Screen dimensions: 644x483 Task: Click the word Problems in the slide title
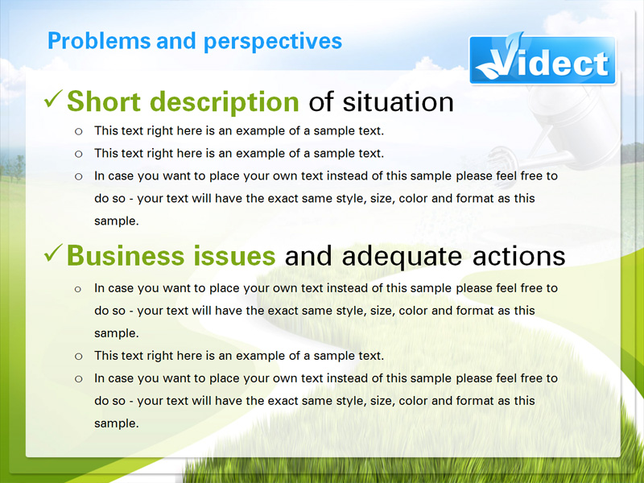pos(99,41)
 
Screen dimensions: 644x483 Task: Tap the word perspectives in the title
pos(273,42)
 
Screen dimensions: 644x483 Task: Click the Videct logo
pos(543,60)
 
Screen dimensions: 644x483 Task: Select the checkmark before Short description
pos(53,99)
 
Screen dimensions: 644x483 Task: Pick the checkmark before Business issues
pos(53,253)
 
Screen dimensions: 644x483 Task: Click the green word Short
pos(104,101)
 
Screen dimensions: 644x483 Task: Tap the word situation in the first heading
pos(398,101)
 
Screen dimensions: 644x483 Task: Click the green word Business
pos(126,255)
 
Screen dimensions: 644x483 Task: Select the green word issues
pos(234,255)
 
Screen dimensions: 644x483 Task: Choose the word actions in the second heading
pos(518,256)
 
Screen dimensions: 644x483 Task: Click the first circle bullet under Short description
pos(78,132)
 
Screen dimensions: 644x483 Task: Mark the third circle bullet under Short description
pos(78,177)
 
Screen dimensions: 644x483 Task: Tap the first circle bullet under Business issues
pos(78,290)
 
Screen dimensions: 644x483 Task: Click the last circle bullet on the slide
pos(78,379)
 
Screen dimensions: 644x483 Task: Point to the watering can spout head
pos(499,157)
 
